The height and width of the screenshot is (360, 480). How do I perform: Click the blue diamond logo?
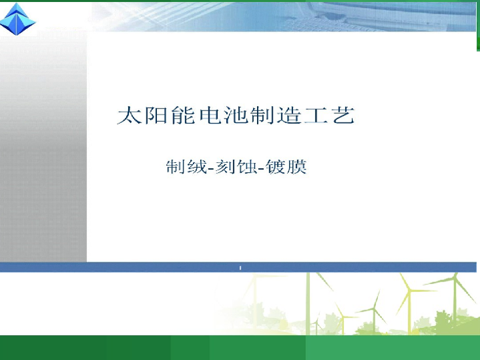pos(18,19)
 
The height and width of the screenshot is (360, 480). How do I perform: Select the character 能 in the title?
pos(183,115)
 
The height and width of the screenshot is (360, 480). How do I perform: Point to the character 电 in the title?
pos(210,115)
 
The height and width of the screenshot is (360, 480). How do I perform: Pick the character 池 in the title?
pos(236,115)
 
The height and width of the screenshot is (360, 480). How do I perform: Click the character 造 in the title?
pos(289,115)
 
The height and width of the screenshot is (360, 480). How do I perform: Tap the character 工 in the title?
pos(316,116)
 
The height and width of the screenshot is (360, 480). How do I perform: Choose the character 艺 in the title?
pos(343,115)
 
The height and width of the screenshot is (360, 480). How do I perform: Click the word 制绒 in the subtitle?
pos(186,167)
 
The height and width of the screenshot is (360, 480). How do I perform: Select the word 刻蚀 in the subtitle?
pos(236,167)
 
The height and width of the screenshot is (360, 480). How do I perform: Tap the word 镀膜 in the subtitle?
pos(286,167)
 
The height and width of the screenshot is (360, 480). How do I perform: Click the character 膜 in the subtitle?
pos(296,167)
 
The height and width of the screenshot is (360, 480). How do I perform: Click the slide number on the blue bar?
pos(240,268)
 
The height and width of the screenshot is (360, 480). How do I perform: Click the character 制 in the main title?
pos(262,115)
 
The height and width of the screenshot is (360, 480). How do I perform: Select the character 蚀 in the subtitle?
pos(247,167)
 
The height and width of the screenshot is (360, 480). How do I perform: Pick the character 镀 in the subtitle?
pos(276,167)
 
